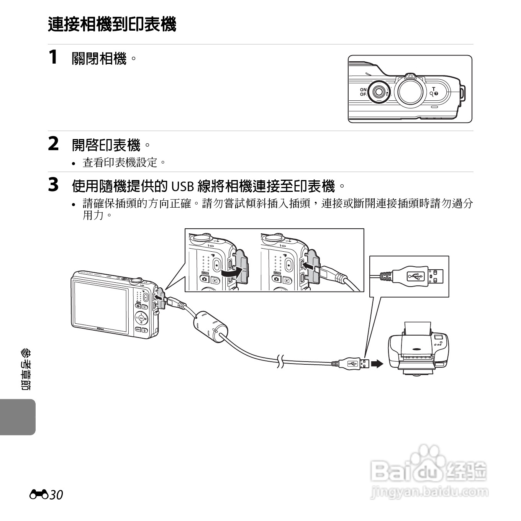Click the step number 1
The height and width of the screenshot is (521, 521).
click(53, 57)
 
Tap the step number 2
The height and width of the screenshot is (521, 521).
click(54, 144)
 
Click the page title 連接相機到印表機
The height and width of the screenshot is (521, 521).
click(112, 25)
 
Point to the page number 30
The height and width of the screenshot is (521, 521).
click(56, 495)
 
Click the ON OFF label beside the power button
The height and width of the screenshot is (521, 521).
click(363, 92)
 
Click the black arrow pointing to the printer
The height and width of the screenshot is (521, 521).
click(377, 364)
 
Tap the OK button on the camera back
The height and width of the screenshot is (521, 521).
click(141, 318)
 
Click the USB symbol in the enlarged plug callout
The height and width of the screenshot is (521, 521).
click(415, 276)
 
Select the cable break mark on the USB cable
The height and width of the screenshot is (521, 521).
click(280, 361)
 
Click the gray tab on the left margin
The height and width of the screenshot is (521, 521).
click(18, 417)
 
